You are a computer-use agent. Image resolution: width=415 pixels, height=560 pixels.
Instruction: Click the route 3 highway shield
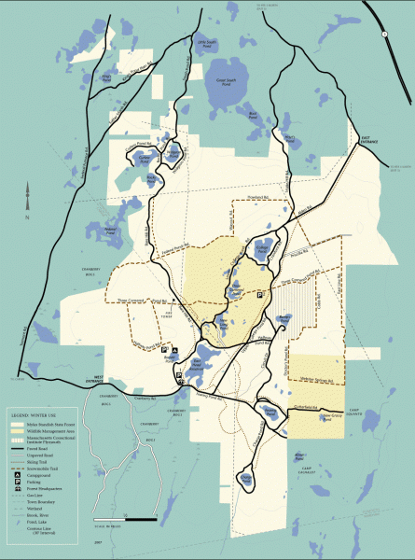click(x=383, y=34)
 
